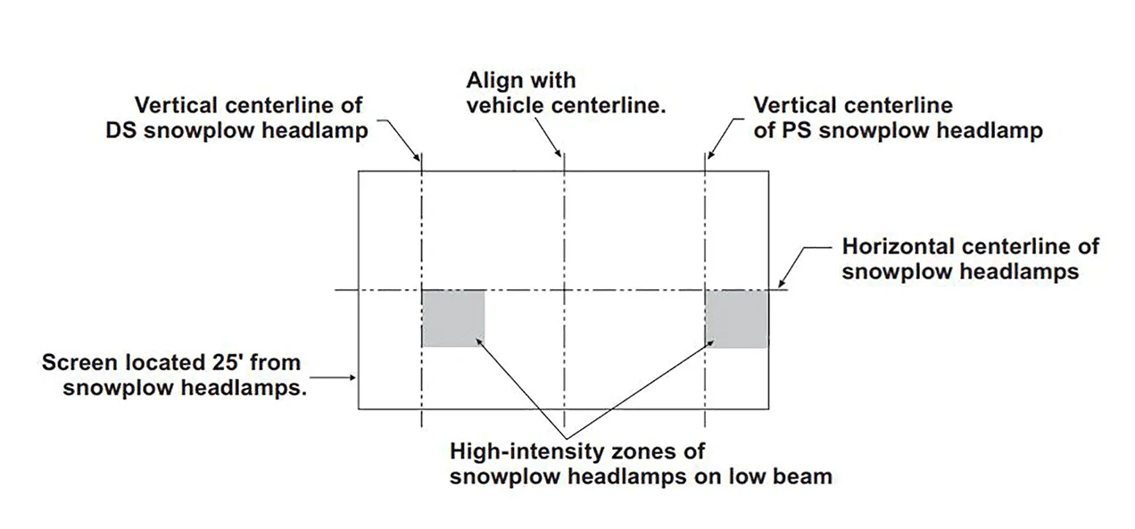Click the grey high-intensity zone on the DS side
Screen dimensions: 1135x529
(453, 318)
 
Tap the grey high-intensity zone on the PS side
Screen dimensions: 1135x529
(737, 318)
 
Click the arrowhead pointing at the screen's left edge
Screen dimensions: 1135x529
(352, 377)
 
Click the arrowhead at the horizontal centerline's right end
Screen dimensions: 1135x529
(782, 284)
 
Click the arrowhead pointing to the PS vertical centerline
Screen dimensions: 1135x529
(711, 154)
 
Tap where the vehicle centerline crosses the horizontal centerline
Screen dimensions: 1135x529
(564, 290)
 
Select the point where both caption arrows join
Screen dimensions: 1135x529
(566, 439)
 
